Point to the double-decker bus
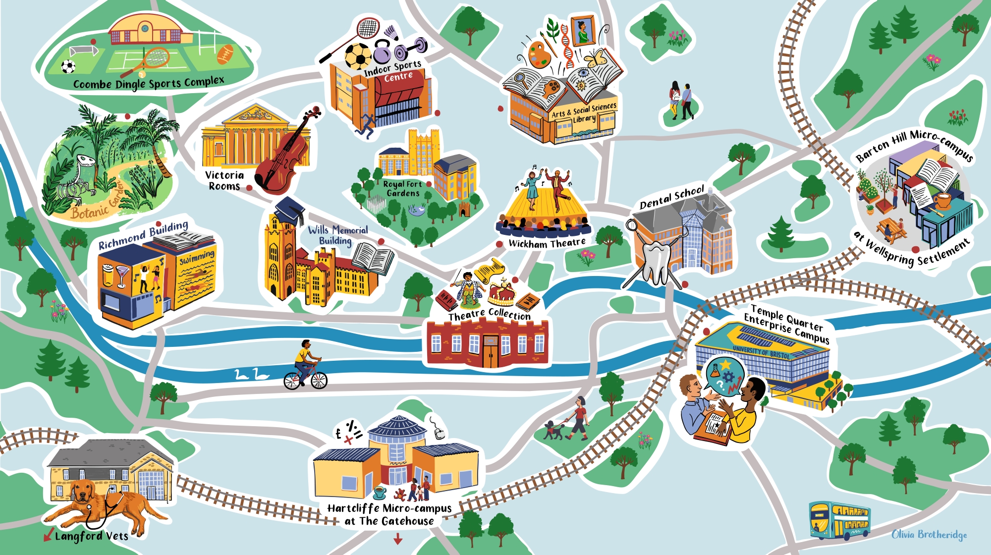(x=839, y=520)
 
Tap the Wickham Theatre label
(x=547, y=243)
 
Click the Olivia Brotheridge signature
(x=929, y=534)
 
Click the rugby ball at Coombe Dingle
(x=225, y=54)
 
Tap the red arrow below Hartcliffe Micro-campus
(x=397, y=538)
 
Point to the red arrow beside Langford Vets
(x=48, y=535)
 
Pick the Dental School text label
(x=671, y=197)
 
